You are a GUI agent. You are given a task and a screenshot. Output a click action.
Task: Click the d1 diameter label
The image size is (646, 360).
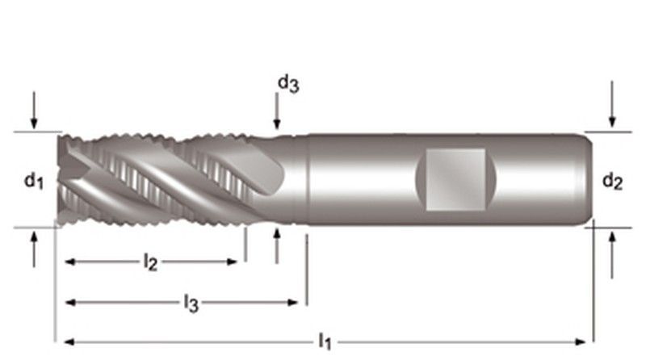coord(32,182)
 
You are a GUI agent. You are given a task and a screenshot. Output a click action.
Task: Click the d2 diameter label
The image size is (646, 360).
coord(612,182)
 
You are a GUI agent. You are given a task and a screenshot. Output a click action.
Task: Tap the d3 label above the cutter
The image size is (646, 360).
coord(287,82)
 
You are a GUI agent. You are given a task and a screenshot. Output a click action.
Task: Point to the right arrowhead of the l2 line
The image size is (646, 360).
coord(234,262)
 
